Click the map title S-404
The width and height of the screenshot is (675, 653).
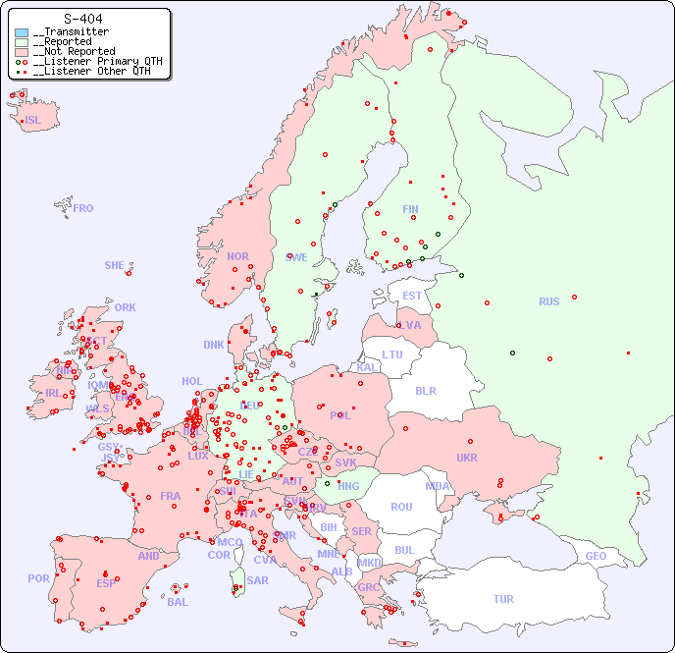pyautogui.click(x=82, y=19)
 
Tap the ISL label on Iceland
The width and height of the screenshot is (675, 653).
pyautogui.click(x=33, y=121)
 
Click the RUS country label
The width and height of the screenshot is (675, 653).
pyautogui.click(x=548, y=301)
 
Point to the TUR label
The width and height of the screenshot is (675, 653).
pyautogui.click(x=503, y=599)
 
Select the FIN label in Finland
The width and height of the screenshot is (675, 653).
pyautogui.click(x=410, y=209)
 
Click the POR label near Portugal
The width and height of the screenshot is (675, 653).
pyautogui.click(x=38, y=578)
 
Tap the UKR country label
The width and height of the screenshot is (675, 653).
pyautogui.click(x=466, y=458)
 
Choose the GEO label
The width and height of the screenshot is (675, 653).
pyautogui.click(x=596, y=556)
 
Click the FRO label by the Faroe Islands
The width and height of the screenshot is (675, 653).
pyautogui.click(x=83, y=208)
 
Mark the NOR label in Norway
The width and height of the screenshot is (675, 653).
pyautogui.click(x=237, y=256)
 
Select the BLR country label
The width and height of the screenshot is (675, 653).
pyautogui.click(x=425, y=390)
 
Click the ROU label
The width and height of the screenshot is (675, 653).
pyautogui.click(x=401, y=507)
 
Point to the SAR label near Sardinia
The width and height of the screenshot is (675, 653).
pyautogui.click(x=257, y=580)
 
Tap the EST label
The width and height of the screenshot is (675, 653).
pyautogui.click(x=412, y=296)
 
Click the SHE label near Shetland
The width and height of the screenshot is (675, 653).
pyautogui.click(x=115, y=265)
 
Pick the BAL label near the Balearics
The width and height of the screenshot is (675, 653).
pyautogui.click(x=177, y=602)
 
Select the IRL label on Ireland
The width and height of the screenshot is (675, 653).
pyautogui.click(x=53, y=392)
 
